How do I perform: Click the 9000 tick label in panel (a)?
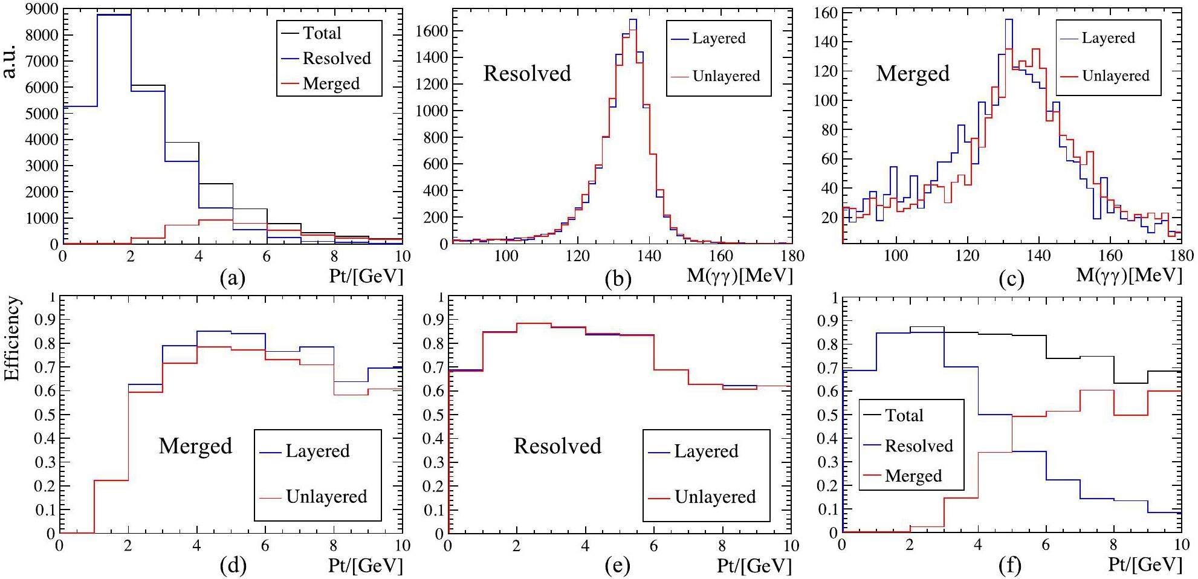click(x=42, y=9)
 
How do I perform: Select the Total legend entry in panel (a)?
click(x=322, y=33)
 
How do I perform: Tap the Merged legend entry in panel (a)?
click(x=331, y=83)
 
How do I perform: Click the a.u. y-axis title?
click(x=11, y=61)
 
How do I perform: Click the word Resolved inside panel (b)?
click(x=527, y=74)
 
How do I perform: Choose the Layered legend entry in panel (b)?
click(x=719, y=38)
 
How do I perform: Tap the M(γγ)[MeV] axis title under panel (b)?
click(x=739, y=276)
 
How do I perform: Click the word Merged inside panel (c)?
click(x=913, y=74)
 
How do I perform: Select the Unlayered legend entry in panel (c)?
click(x=1115, y=76)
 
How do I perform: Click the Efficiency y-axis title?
click(x=12, y=339)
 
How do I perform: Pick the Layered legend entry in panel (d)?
click(x=317, y=451)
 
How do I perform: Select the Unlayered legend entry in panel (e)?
click(x=715, y=497)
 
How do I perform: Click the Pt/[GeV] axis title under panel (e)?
click(x=754, y=566)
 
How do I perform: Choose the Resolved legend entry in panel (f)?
click(x=919, y=446)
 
